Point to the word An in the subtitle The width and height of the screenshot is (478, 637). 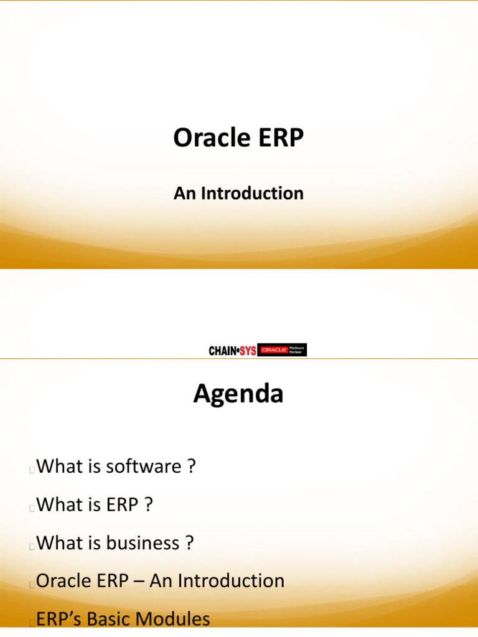185,193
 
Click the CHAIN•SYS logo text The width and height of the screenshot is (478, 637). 232,351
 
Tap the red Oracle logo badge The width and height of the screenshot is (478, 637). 273,350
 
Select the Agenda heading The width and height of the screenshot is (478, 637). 238,394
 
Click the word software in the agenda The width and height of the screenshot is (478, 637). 143,467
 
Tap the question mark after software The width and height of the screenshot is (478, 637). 192,467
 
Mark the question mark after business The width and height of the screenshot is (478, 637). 189,543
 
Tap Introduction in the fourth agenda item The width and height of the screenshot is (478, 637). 231,581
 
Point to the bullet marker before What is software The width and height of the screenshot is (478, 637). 31,470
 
